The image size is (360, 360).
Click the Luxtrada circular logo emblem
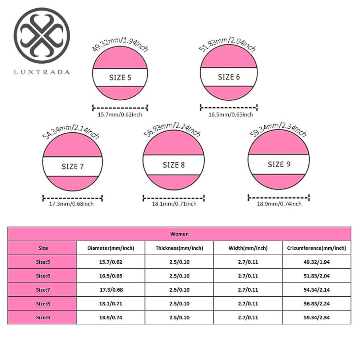pyautogui.click(x=42, y=36)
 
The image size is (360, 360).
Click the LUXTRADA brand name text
pyautogui.click(x=42, y=72)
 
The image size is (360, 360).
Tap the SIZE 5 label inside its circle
pyautogui.click(x=120, y=77)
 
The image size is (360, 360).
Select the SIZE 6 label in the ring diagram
pyautogui.click(x=229, y=77)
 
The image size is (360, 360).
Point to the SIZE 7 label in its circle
pyautogui.click(x=73, y=167)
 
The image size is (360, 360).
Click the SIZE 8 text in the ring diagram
pyautogui.click(x=173, y=165)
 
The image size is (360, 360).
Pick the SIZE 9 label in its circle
pyautogui.click(x=279, y=164)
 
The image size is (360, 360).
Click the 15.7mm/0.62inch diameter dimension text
pyautogui.click(x=120, y=115)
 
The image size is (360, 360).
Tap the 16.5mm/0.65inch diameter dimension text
pyautogui.click(x=231, y=115)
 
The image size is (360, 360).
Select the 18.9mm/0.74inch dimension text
pyautogui.click(x=279, y=204)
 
